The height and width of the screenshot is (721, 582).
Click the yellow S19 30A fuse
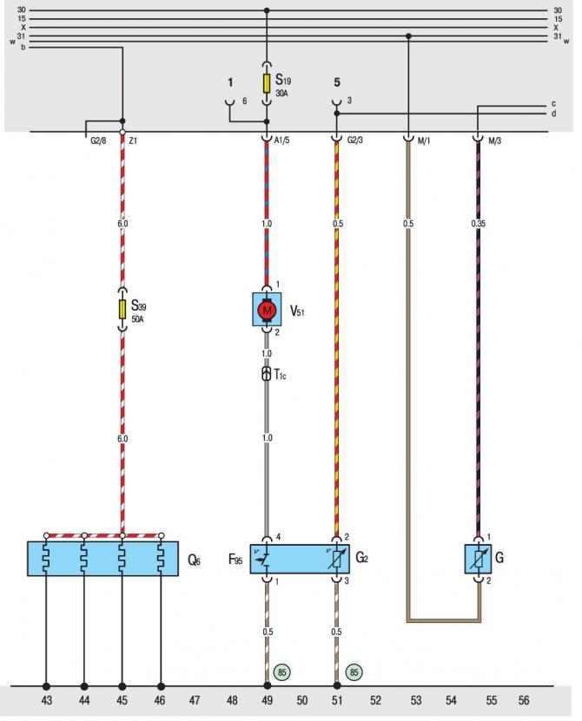pyautogui.click(x=266, y=83)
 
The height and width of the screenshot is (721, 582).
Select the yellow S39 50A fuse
pyautogui.click(x=122, y=309)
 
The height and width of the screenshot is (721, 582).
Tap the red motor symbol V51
pyautogui.click(x=266, y=311)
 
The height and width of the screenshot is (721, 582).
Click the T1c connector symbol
pyautogui.click(x=266, y=373)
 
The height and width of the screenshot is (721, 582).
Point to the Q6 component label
pyautogui.click(x=194, y=560)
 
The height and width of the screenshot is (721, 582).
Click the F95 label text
pyautogui.click(x=235, y=559)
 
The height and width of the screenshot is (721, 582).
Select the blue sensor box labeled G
pyautogui.click(x=478, y=559)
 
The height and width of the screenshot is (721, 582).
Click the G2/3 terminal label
pyautogui.click(x=355, y=140)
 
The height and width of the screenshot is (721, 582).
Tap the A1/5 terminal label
pyautogui.click(x=281, y=141)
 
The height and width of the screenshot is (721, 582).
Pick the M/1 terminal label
pyautogui.click(x=424, y=141)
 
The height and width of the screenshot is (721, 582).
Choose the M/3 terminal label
pyautogui.click(x=494, y=141)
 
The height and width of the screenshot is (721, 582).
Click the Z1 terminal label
pyautogui.click(x=133, y=141)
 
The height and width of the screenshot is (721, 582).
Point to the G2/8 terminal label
pyautogui.click(x=98, y=141)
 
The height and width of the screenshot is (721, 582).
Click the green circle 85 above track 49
pyautogui.click(x=281, y=672)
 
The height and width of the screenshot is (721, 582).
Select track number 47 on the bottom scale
pyautogui.click(x=195, y=700)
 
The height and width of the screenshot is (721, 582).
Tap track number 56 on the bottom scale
pyautogui.click(x=524, y=700)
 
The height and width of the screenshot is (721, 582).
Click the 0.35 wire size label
pyautogui.click(x=478, y=224)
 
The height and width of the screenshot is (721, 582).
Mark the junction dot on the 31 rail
pyautogui.click(x=408, y=36)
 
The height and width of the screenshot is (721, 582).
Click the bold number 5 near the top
pyautogui.click(x=337, y=82)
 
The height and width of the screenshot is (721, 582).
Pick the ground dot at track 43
pyautogui.click(x=46, y=686)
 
